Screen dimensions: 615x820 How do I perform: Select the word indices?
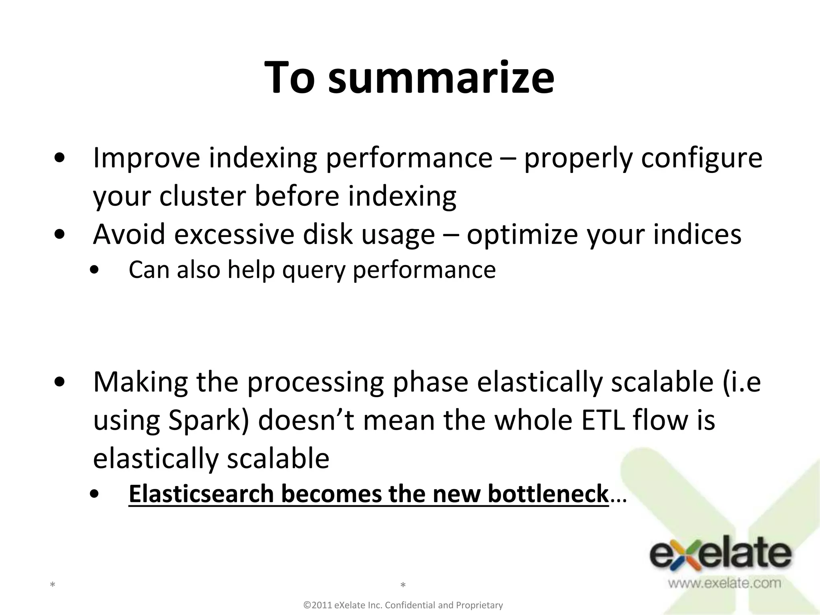(697, 234)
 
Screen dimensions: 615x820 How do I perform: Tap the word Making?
(140, 383)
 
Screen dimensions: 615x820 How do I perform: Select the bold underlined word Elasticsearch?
(201, 494)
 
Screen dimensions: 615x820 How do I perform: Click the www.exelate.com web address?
(724, 583)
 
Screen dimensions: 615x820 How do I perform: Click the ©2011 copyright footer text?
(403, 605)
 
